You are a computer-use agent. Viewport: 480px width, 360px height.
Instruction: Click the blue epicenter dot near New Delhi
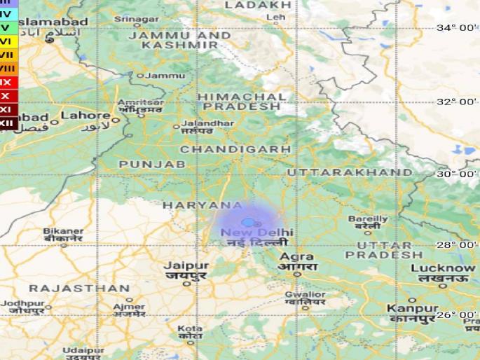(x=247, y=222)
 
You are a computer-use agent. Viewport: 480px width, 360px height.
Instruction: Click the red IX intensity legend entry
(x=7, y=83)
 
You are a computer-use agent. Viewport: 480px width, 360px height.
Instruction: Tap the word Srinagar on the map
(x=137, y=19)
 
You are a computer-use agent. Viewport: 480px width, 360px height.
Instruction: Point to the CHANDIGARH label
(x=235, y=149)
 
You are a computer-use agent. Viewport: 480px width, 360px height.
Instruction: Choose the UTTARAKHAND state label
(x=349, y=172)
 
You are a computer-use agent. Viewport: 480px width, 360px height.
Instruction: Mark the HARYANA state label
(x=203, y=205)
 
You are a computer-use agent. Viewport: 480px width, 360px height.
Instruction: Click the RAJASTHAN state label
(x=79, y=288)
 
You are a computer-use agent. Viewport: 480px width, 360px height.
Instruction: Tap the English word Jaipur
(x=186, y=265)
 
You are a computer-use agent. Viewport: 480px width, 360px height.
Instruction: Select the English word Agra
(x=297, y=256)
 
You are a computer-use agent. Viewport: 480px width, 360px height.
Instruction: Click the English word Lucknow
(x=442, y=268)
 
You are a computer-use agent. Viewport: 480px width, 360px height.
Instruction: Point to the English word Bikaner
(x=63, y=230)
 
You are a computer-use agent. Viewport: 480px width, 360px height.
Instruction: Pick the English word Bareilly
(x=368, y=219)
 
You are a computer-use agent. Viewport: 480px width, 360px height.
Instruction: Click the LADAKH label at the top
(x=256, y=5)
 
